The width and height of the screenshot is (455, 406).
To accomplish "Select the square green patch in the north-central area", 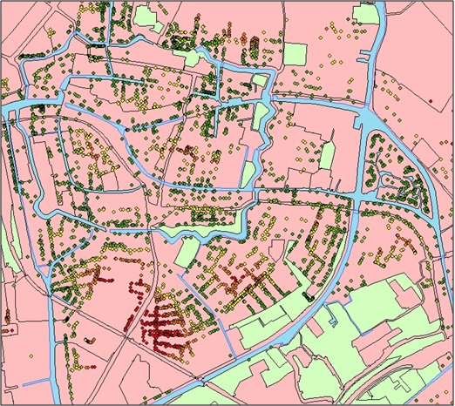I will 295,53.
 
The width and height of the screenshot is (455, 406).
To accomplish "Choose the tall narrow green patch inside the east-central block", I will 327,157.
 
